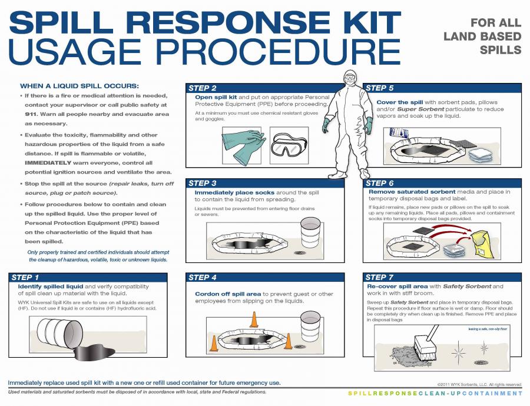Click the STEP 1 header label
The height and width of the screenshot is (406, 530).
pyautogui.click(x=25, y=277)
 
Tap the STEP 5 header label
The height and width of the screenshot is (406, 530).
pyautogui.click(x=380, y=88)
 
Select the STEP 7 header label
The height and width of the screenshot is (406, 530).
pyautogui.click(x=380, y=277)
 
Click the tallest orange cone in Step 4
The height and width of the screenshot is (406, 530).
pyautogui.click(x=254, y=318)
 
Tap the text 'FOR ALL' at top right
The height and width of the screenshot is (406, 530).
pyautogui.click(x=496, y=22)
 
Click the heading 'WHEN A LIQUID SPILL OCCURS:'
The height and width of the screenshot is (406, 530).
pyautogui.click(x=79, y=85)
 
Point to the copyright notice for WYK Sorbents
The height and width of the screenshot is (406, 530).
pyautogui.click(x=479, y=384)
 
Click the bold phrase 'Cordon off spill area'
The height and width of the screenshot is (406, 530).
pyautogui.click(x=228, y=294)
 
